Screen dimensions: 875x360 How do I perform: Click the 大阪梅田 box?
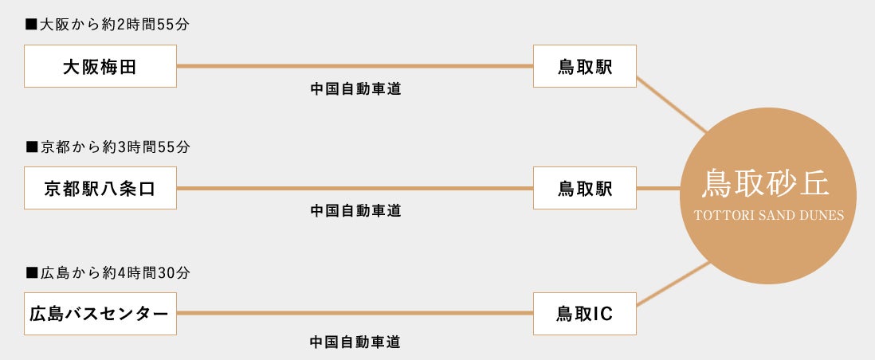(100, 66)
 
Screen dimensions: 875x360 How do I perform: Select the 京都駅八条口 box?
(100, 188)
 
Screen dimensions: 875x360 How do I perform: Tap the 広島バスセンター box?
(100, 314)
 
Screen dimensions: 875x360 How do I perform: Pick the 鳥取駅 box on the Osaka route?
(585, 66)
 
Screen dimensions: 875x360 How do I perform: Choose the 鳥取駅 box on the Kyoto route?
(585, 188)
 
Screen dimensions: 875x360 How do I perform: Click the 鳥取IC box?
(585, 314)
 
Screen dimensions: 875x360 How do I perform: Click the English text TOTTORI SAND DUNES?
(768, 215)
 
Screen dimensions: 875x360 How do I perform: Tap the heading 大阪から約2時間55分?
(108, 25)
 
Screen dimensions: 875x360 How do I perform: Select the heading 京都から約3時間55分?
(108, 147)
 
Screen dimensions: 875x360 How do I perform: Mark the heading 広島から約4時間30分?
(108, 273)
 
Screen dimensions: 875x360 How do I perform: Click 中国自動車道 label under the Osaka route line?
(356, 89)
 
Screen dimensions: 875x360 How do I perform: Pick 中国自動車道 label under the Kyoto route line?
(356, 211)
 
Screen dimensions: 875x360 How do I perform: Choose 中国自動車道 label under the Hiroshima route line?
(356, 342)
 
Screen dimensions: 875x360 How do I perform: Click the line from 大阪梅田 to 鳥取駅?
(355, 66)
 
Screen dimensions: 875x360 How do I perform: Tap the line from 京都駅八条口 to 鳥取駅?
(355, 188)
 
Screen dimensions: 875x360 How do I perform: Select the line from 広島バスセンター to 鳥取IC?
(355, 313)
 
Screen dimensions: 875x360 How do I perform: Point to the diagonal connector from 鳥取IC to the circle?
(673, 284)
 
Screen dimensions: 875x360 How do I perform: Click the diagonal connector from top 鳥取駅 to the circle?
(672, 104)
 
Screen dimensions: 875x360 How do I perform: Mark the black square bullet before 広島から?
(31, 273)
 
